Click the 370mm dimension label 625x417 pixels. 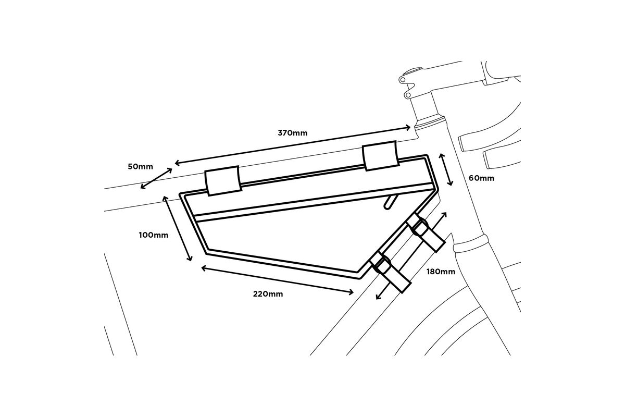[292, 133]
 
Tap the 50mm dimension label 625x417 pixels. [141, 167]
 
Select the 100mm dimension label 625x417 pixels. [154, 235]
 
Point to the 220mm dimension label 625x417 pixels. [268, 294]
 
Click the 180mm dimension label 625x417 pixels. [441, 272]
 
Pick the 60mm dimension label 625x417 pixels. [481, 178]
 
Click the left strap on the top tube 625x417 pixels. [223, 181]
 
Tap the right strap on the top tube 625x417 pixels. [381, 155]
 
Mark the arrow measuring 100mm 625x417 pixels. [178, 228]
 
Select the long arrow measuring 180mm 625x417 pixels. [411, 255]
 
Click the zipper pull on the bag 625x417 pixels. [390, 201]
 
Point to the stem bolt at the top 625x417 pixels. [403, 80]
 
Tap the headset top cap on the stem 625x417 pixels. [411, 70]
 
